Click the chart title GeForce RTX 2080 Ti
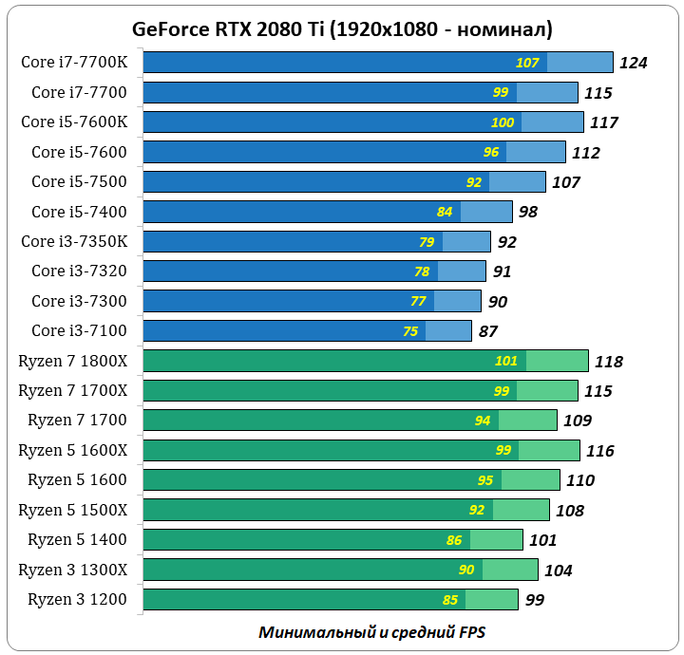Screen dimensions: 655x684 point(342,28)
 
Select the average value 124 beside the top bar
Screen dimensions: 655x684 point(633,64)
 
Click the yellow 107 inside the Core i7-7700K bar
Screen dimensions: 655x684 point(527,64)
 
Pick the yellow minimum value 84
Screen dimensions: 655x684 point(445,212)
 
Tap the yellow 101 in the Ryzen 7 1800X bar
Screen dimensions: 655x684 point(506,362)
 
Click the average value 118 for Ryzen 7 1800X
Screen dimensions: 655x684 point(608,362)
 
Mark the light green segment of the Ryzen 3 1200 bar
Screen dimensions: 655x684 point(492,600)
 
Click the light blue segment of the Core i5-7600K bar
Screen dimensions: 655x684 point(553,122)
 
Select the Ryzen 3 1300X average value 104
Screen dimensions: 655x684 point(558,571)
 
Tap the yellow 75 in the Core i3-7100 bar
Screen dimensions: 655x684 point(410,331)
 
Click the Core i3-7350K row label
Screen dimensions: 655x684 point(81,241)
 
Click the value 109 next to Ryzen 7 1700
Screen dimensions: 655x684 point(577,421)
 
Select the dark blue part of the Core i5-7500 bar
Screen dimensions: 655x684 point(304,182)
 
